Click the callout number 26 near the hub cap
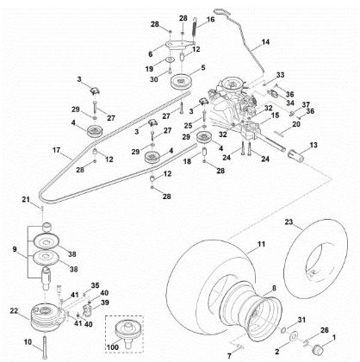pyautogui.click(x=324, y=328)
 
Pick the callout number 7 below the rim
pyautogui.click(x=230, y=353)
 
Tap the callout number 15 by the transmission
pyautogui.click(x=275, y=115)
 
